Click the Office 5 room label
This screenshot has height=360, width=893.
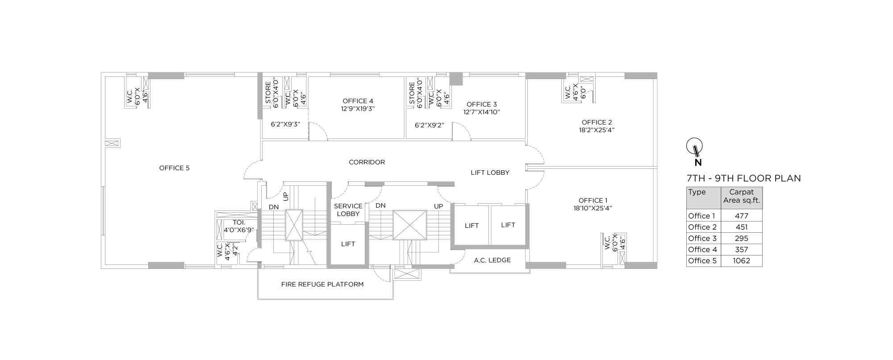[174, 168]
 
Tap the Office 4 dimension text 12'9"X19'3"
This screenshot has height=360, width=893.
[358, 109]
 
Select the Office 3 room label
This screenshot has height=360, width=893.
[482, 105]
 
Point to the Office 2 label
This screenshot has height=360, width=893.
[597, 122]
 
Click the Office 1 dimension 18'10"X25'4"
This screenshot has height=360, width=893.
[593, 208]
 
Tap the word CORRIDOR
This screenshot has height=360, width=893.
[367, 162]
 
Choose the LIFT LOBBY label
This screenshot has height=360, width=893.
[490, 172]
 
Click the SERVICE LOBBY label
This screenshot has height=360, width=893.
[348, 210]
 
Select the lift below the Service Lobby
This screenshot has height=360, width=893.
[348, 244]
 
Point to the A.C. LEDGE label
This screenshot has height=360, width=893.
[492, 260]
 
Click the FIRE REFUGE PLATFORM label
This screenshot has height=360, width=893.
[322, 284]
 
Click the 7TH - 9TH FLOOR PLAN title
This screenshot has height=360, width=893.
[743, 178]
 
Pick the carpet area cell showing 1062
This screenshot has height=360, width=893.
[742, 261]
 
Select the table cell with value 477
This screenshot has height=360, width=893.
[742, 216]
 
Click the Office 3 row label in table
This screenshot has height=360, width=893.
[702, 239]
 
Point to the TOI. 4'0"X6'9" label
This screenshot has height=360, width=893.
[238, 226]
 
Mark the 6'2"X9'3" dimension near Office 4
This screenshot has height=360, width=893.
[285, 125]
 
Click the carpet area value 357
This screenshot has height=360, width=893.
[742, 250]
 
